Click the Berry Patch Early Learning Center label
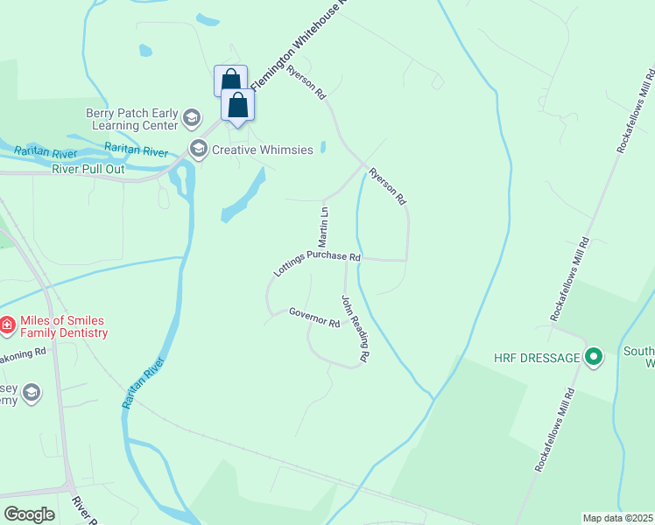point(130,118)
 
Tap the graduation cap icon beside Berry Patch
point(192,117)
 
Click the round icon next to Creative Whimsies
point(198,149)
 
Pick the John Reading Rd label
point(356,330)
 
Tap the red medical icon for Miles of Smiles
point(6,326)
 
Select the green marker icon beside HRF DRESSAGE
point(594,357)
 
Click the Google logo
point(29,514)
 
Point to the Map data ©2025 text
point(618,518)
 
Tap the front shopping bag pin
point(237,106)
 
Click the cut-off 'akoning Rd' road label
point(23,353)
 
